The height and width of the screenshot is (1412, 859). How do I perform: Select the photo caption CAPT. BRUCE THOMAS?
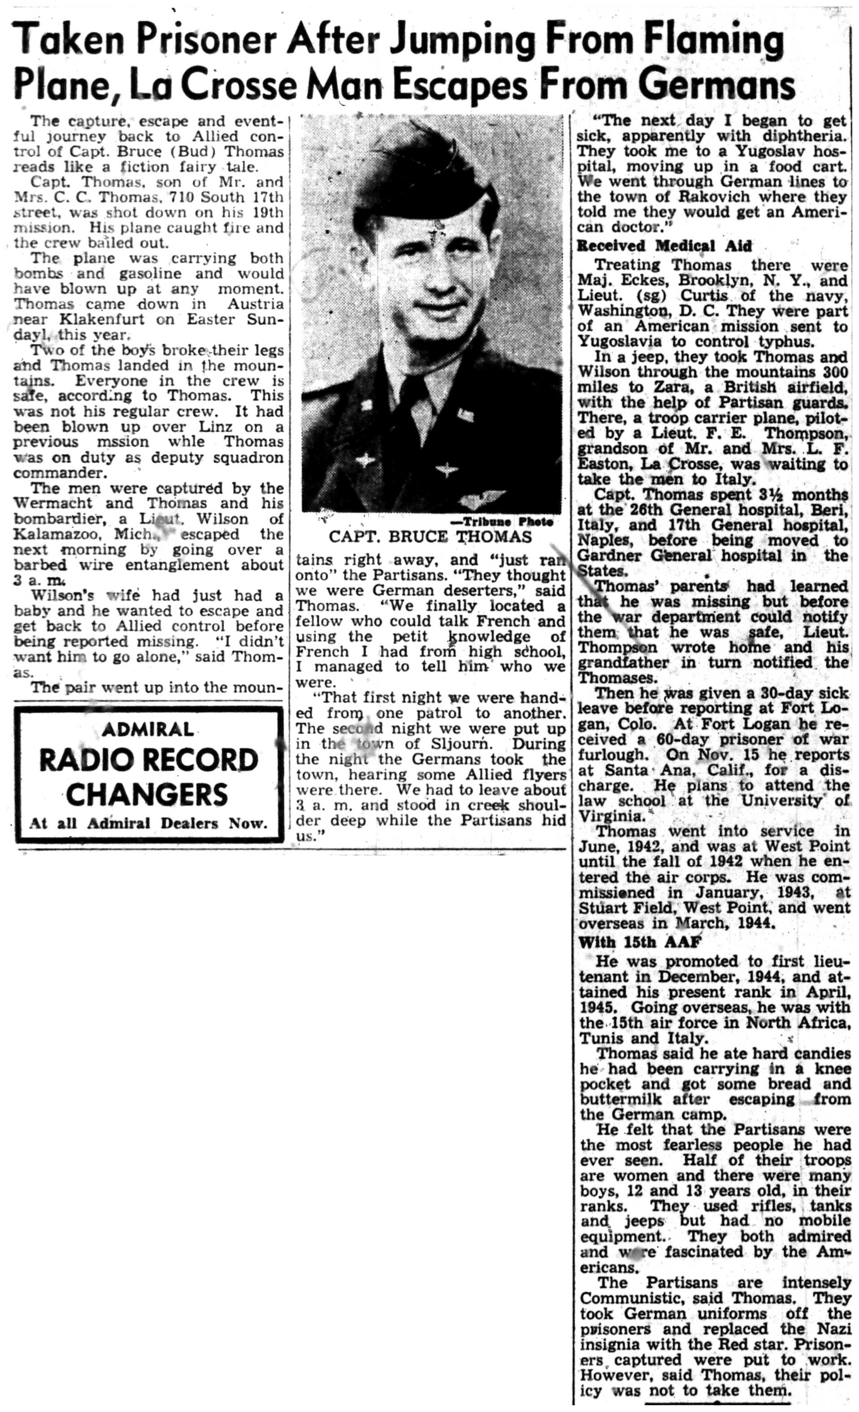[x=430, y=537]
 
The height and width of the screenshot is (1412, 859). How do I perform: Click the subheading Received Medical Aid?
[x=664, y=246]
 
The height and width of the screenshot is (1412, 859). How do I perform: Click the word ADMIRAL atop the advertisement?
[x=148, y=729]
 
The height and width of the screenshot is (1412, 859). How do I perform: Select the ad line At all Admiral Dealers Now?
[x=148, y=823]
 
